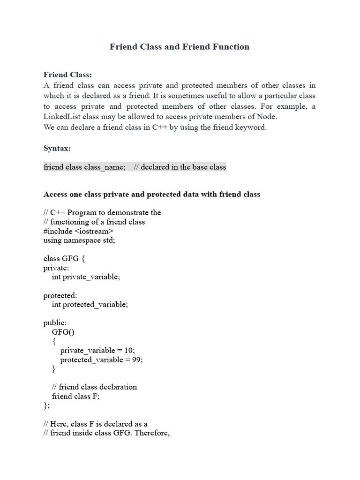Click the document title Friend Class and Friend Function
[180, 47]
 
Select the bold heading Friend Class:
[67, 74]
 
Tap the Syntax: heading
[57, 148]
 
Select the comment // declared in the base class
[180, 167]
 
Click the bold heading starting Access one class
[151, 194]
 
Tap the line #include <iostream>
[78, 231]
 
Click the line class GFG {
[64, 258]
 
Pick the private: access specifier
[57, 268]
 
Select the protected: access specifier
[60, 295]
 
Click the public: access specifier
[55, 322]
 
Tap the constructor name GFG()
[63, 332]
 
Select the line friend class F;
[76, 396]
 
